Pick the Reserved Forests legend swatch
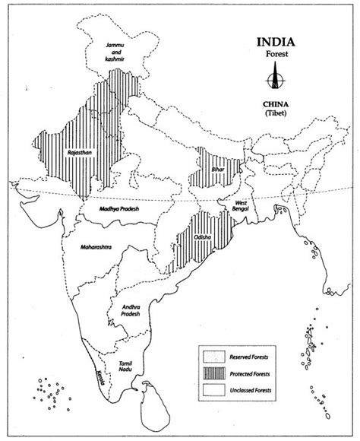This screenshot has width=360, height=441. (213, 353)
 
